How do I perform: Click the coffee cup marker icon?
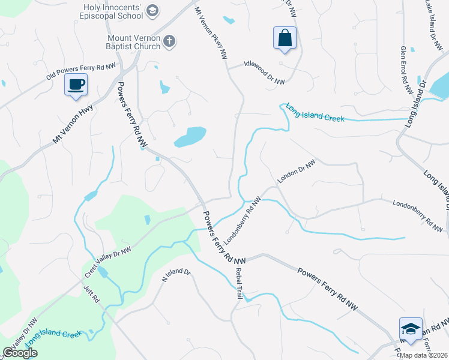(x=76, y=85)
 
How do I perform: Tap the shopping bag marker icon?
(x=285, y=38)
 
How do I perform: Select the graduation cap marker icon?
(x=411, y=329)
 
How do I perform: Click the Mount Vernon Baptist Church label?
(x=125, y=42)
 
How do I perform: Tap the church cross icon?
(x=170, y=41)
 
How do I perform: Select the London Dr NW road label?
(x=297, y=172)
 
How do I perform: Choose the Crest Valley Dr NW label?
(x=108, y=262)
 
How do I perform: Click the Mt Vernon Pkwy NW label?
(x=211, y=33)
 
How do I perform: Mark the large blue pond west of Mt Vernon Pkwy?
(x=190, y=137)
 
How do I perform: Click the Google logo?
(x=20, y=353)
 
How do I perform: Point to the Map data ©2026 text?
(x=423, y=355)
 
